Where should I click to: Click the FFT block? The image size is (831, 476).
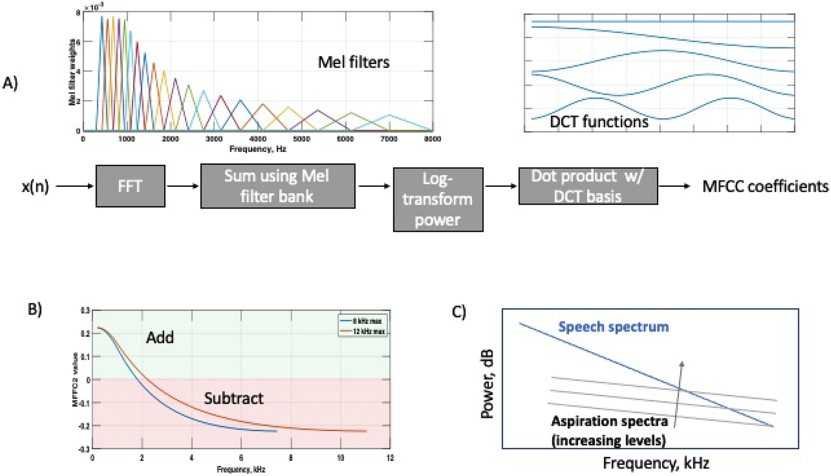130,186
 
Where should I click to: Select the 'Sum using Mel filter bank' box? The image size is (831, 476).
277,186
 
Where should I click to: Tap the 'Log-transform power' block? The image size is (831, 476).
438,199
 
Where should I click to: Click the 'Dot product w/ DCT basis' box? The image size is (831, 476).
588,186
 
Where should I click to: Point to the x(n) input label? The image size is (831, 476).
35,186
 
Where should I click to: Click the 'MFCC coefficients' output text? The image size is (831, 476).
765,186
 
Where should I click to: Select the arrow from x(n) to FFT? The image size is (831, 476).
75,186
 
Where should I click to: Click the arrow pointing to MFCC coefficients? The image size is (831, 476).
674,186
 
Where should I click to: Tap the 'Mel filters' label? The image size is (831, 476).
353,62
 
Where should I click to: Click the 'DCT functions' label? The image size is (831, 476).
599,122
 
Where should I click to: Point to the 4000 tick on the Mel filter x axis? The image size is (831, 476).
257,139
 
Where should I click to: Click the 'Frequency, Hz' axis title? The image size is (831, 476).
257,148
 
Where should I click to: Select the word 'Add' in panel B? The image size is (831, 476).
160,338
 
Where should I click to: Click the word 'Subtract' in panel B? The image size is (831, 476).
233,399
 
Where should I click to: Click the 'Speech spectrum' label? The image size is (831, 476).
613,327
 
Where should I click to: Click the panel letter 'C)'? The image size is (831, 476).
459,312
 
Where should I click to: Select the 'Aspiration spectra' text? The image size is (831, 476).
609,421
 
